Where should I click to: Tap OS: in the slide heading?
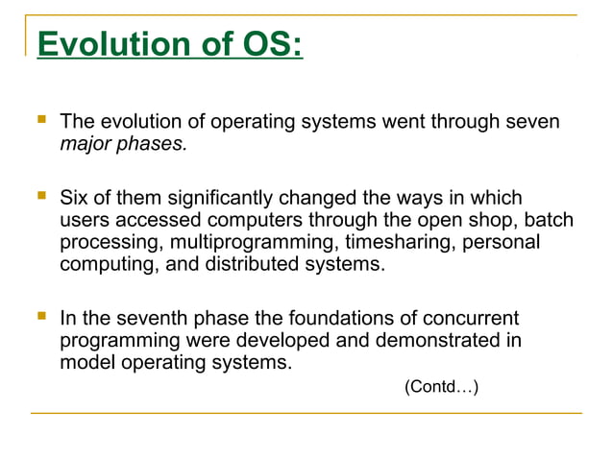pos(268,44)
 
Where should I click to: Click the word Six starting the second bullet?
pos(75,198)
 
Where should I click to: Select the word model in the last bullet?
pos(86,362)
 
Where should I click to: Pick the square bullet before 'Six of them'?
pos(40,197)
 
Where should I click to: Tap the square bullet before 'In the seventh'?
pos(40,316)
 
